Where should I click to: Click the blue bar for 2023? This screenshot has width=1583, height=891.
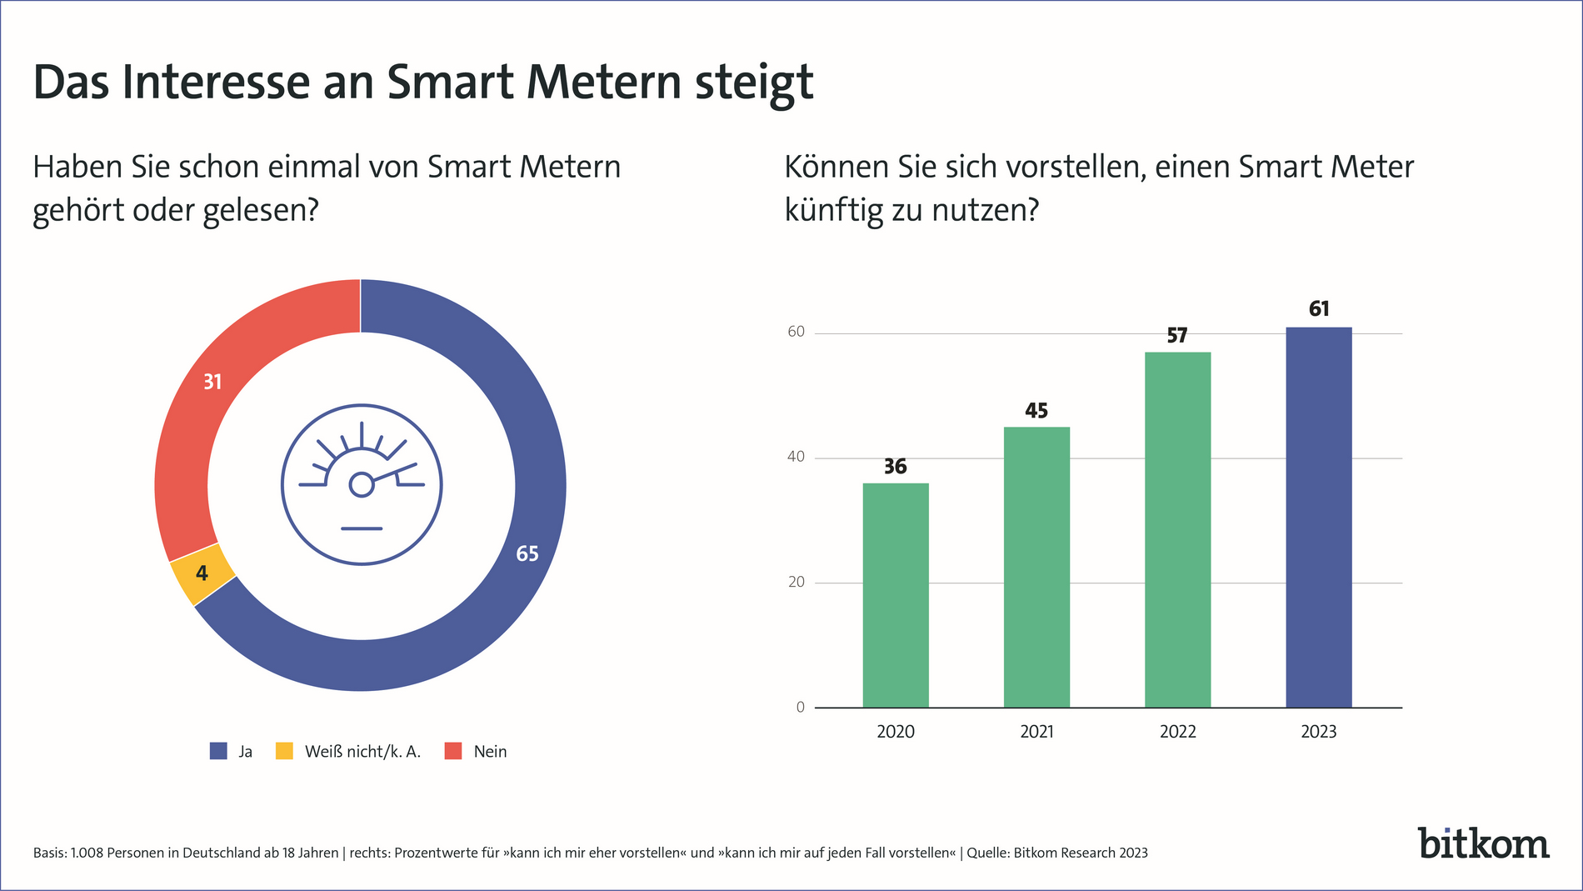tap(1318, 517)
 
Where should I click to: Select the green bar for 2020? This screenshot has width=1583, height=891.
tap(895, 595)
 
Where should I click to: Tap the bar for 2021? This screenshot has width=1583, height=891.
tap(1036, 567)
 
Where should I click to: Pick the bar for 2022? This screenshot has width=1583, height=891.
tap(1177, 529)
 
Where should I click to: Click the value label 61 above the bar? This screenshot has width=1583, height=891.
tap(1319, 309)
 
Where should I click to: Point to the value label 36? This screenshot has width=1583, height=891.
tap(895, 467)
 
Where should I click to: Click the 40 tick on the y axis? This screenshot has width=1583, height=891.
tap(796, 457)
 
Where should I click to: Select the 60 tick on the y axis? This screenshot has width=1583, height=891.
tap(796, 332)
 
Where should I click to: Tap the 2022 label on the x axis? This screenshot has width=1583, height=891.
tap(1177, 732)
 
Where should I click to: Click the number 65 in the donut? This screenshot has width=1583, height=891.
tap(527, 554)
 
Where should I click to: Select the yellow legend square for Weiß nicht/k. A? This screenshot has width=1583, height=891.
tap(284, 751)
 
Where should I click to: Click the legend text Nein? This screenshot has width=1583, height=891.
tap(490, 752)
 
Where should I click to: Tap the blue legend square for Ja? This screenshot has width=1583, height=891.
tap(218, 751)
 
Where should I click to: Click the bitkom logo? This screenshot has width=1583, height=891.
tap(1483, 843)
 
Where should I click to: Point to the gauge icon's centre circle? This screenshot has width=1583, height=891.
tap(361, 484)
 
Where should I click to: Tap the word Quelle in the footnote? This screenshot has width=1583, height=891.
tap(986, 853)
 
